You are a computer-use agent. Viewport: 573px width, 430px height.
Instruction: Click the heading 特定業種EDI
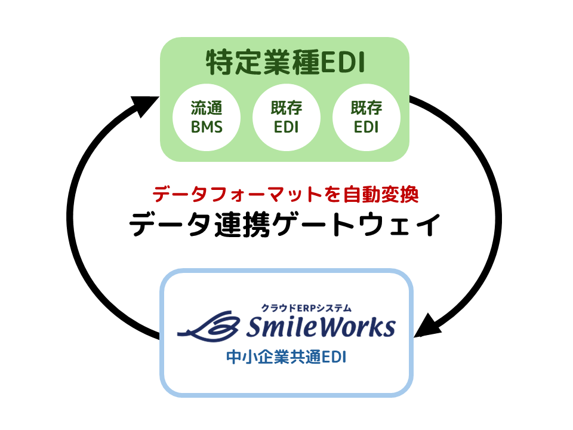(285, 63)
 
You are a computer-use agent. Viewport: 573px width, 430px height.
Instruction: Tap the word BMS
(207, 127)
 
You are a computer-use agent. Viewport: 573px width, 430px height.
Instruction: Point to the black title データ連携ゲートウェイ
(286, 225)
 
